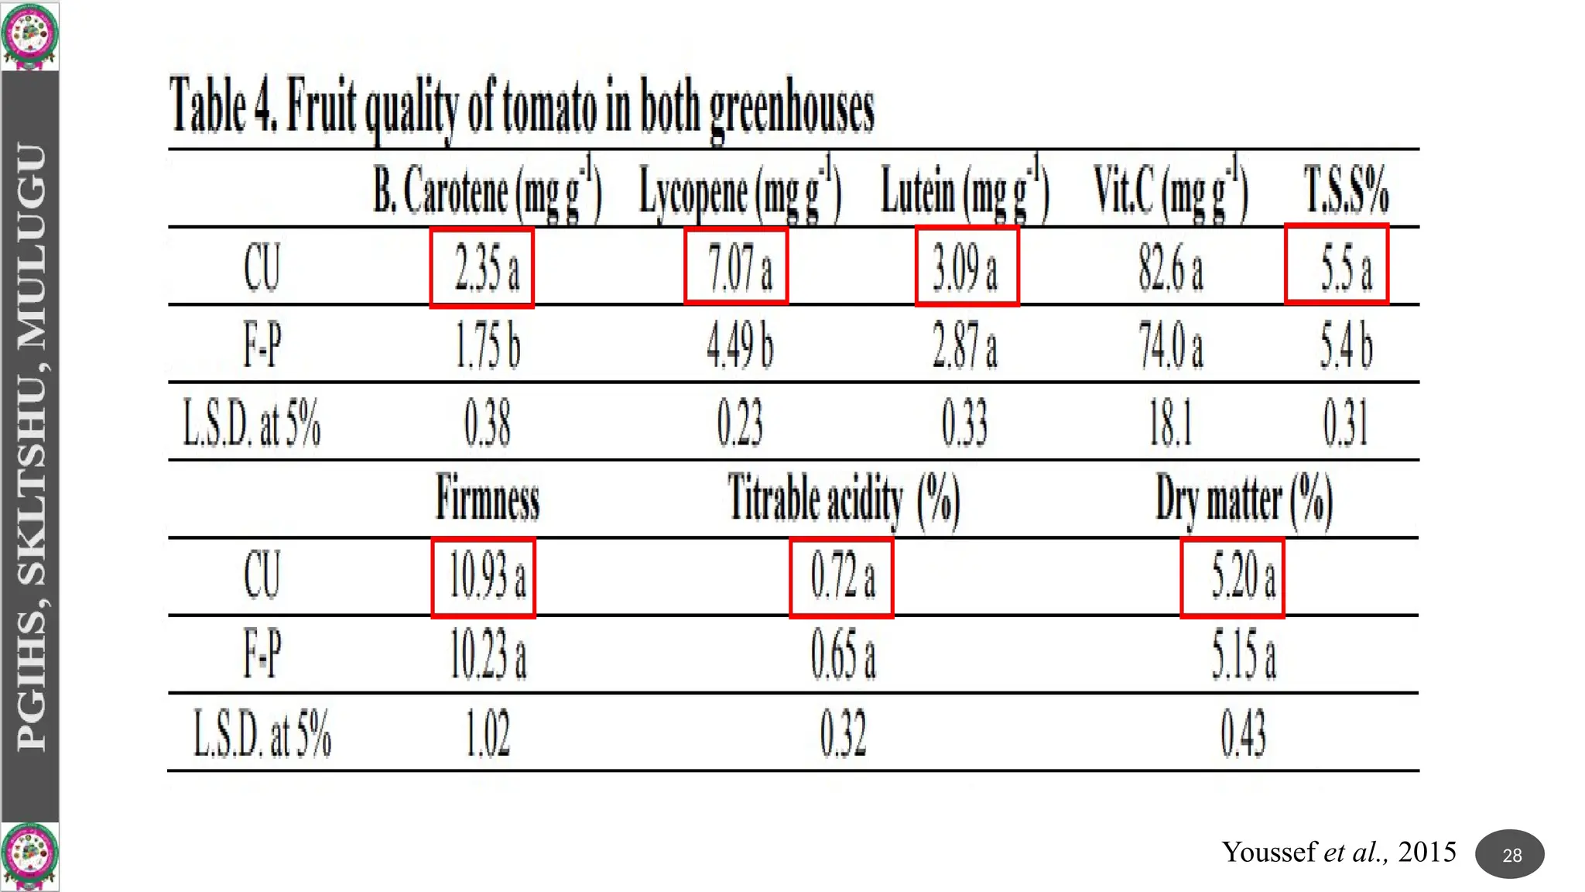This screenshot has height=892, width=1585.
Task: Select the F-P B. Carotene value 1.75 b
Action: pos(488,345)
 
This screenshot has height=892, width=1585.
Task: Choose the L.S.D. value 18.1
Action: pos(1170,423)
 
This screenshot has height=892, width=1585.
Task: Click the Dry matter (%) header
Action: pos(1243,499)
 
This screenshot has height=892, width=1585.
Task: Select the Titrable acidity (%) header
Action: pos(844,499)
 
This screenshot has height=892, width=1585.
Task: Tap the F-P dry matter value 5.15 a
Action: pos(1243,655)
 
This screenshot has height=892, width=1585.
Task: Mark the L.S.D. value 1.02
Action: pos(488,732)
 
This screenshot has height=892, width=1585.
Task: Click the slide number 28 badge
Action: pos(1510,855)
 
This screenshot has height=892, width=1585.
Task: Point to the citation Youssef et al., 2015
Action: pos(1339,852)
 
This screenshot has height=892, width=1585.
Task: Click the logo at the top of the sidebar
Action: pos(29,35)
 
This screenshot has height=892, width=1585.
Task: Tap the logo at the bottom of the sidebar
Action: pos(29,856)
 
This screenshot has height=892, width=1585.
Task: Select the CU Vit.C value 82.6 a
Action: pos(1170,268)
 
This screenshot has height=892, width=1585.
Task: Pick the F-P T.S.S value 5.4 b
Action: pos(1347,345)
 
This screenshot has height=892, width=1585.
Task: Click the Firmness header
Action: pos(488,499)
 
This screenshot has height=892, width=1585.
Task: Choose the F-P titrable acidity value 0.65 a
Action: pos(844,655)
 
